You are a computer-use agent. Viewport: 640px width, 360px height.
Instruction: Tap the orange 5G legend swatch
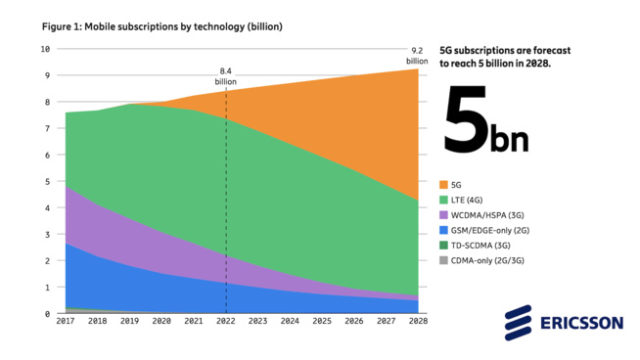444,184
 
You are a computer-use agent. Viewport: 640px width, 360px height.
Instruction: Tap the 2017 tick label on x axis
66,322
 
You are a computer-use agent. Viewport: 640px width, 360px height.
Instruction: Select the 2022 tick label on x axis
226,322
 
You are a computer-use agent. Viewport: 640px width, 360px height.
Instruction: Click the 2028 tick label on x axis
419,322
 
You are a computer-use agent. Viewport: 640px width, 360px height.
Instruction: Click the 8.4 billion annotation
226,76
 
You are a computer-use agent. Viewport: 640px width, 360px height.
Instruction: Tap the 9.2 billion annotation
417,54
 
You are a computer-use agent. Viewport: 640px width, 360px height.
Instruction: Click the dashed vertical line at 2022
227,196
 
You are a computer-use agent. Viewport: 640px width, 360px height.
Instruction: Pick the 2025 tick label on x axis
323,322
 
